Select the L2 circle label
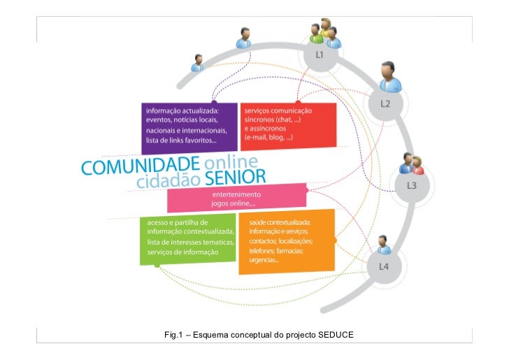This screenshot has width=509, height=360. (x=385, y=103)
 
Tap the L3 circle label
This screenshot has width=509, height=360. (x=412, y=186)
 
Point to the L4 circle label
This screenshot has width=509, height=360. (x=384, y=266)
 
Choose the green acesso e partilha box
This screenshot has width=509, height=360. (x=186, y=237)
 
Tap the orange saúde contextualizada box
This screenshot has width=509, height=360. (x=286, y=241)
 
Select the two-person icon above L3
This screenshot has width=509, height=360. (x=412, y=164)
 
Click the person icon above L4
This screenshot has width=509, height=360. (x=383, y=245)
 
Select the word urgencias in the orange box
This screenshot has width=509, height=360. (x=263, y=261)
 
